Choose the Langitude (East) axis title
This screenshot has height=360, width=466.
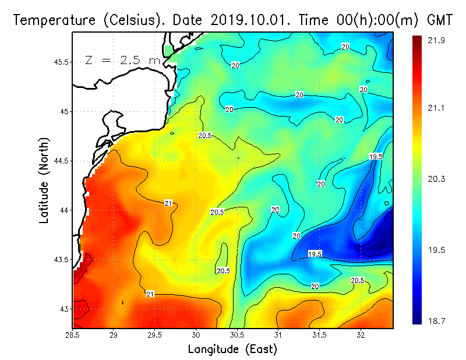click(x=232, y=350)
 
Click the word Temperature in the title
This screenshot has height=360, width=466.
click(x=49, y=20)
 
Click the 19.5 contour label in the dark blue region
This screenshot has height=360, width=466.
click(x=315, y=254)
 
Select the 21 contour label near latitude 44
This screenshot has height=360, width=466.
click(x=168, y=203)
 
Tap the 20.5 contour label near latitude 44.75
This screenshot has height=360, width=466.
click(x=204, y=135)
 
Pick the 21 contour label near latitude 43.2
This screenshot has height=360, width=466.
click(x=150, y=293)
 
